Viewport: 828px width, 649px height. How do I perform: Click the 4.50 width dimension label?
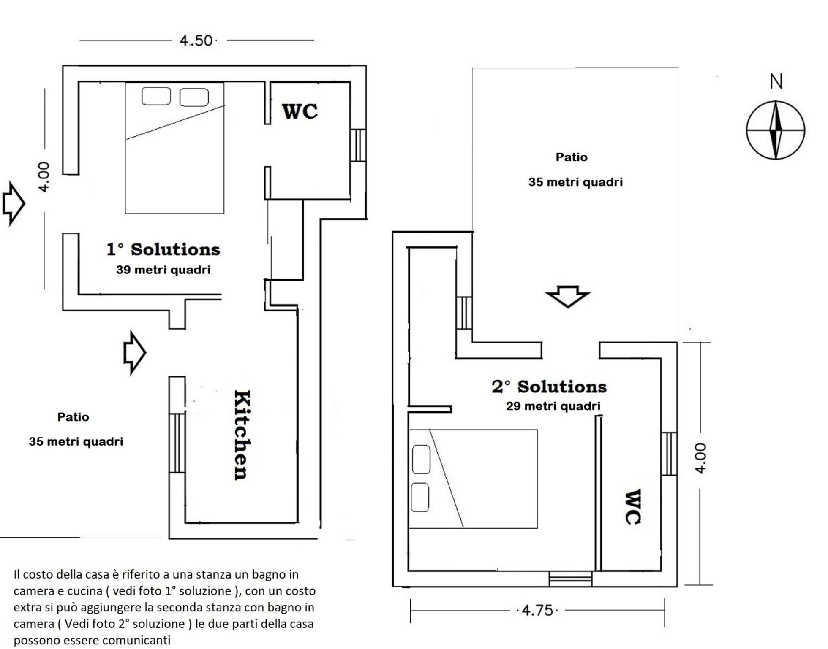(x=196, y=41)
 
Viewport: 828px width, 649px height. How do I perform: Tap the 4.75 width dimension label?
(x=537, y=610)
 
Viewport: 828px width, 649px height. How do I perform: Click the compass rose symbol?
(x=775, y=130)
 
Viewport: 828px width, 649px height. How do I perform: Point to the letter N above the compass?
(x=776, y=81)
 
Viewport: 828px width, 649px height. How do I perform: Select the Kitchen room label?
(x=242, y=435)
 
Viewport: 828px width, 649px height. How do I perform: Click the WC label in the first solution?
(x=300, y=111)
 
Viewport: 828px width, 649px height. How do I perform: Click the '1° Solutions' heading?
(x=163, y=249)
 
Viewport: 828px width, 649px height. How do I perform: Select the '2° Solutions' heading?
(x=549, y=387)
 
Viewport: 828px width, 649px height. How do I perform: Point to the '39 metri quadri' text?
(x=163, y=270)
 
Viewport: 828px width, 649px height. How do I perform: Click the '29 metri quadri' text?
(x=553, y=406)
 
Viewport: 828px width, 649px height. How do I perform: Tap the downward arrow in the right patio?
(x=567, y=297)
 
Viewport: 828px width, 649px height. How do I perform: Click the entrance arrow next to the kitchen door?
(x=135, y=353)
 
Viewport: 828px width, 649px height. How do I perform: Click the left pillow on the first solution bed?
(x=156, y=96)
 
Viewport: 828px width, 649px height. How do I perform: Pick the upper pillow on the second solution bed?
(x=421, y=459)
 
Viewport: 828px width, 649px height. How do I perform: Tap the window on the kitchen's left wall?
(x=177, y=443)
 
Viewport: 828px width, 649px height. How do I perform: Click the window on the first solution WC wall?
(x=358, y=145)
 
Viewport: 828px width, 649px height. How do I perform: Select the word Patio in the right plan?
(x=572, y=157)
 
